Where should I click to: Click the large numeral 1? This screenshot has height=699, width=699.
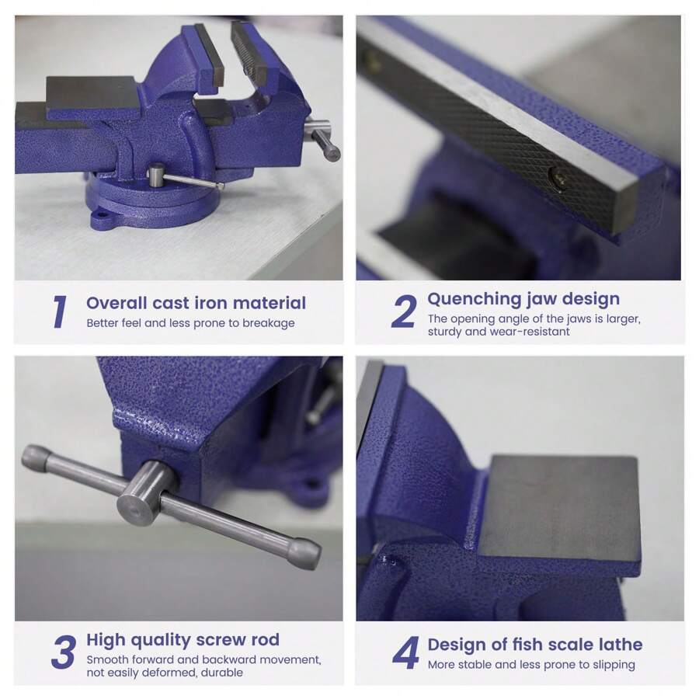pyautogui.click(x=59, y=311)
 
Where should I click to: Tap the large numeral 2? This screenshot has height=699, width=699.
pyautogui.click(x=404, y=311)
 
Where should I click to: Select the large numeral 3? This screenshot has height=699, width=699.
pyautogui.click(x=64, y=652)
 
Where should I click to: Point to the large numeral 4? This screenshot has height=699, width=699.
pyautogui.click(x=405, y=652)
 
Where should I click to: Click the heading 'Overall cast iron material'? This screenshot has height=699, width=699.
pyautogui.click(x=196, y=303)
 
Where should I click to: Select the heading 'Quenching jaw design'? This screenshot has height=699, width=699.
pyautogui.click(x=523, y=299)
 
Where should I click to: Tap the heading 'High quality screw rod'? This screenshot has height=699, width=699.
pyautogui.click(x=183, y=640)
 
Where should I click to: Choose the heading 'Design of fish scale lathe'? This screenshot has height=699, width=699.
pyautogui.click(x=534, y=644)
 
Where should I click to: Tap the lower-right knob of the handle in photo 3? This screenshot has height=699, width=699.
pyautogui.click(x=303, y=553)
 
